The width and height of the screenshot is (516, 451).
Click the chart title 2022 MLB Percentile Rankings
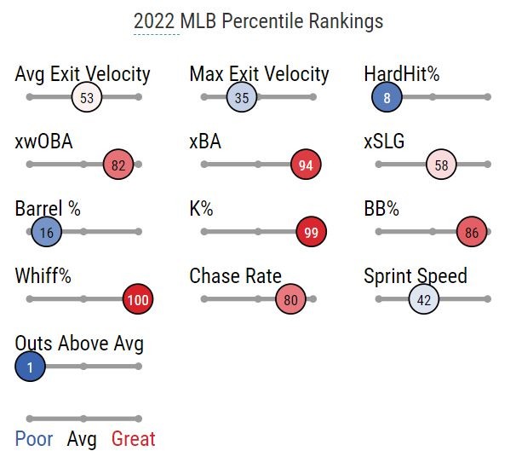point(258,21)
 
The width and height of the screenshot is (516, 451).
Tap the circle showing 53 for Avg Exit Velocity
point(87,97)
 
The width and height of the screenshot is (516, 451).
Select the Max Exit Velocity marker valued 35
point(242,97)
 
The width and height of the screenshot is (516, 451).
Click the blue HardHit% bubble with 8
point(387,97)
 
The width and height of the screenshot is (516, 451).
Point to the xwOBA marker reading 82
point(118,165)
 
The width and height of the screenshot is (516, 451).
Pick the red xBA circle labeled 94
point(306,165)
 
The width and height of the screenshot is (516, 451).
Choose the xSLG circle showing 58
point(441,165)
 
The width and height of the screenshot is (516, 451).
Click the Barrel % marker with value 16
point(46,232)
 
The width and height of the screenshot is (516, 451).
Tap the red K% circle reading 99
point(312,232)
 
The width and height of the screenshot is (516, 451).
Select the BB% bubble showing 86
point(472,232)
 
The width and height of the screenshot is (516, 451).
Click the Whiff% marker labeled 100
point(137,299)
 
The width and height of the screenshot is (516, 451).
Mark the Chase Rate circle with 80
point(290,299)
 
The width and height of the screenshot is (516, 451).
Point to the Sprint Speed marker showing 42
point(423,299)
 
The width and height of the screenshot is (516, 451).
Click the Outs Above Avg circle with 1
point(30,367)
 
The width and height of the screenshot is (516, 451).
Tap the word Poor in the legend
point(34,439)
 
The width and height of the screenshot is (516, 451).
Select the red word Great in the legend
point(134,439)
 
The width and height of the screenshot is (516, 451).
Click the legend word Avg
point(82,439)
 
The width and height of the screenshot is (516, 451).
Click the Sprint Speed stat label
point(416,276)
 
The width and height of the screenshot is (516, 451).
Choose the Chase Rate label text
point(235,276)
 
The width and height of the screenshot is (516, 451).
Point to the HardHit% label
point(402,74)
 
